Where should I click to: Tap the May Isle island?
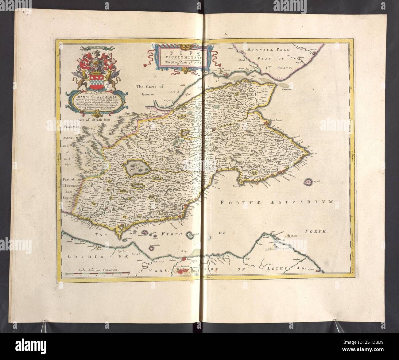tap(307, 182)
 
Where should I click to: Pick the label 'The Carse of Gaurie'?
tap(147, 91)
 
